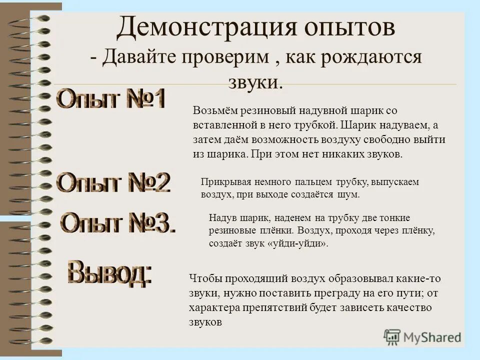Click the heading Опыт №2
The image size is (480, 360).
tap(114, 183)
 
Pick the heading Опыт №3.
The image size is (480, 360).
tap(118, 223)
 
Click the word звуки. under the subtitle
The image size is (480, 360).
tap(255, 82)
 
